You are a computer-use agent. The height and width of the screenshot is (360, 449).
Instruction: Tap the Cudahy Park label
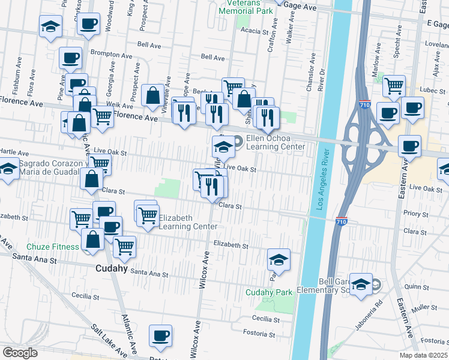click(x=268, y=292)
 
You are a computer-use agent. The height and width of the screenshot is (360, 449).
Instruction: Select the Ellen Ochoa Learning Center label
click(x=276, y=142)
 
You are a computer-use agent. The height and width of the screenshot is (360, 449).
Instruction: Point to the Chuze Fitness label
click(x=52, y=247)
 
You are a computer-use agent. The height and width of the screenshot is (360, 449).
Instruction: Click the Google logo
click(x=20, y=353)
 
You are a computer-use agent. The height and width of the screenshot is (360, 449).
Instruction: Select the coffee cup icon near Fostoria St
click(x=160, y=336)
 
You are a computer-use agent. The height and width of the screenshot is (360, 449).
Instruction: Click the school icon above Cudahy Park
click(x=279, y=260)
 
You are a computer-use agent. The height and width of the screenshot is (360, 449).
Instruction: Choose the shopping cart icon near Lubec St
click(x=394, y=86)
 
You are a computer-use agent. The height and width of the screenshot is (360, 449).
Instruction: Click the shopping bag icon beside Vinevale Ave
click(x=154, y=95)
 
